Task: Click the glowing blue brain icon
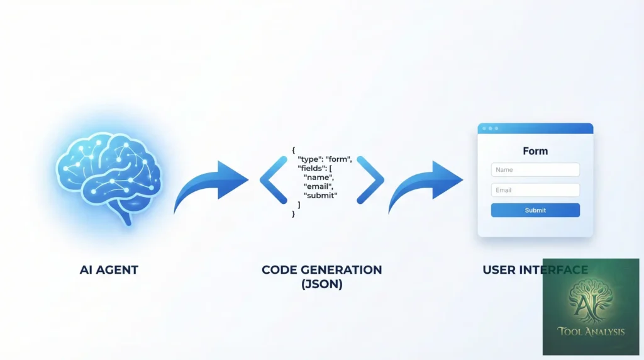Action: [x=109, y=177]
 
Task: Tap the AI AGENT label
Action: [x=109, y=270]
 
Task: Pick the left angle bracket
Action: [x=273, y=180]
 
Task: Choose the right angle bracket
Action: [x=370, y=180]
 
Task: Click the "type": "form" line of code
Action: [x=325, y=159]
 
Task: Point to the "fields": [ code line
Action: [x=314, y=168]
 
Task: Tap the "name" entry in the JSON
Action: [x=319, y=177]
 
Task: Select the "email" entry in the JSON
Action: [x=318, y=186]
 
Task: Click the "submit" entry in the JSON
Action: [x=320, y=195]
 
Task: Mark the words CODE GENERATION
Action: [x=321, y=270]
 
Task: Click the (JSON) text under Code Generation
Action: [x=321, y=284]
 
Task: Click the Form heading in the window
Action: [x=535, y=151]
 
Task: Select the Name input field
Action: [x=535, y=170]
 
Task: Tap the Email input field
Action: [x=535, y=190]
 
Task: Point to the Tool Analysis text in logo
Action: [x=591, y=332]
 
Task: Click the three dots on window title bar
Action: [x=490, y=128]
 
